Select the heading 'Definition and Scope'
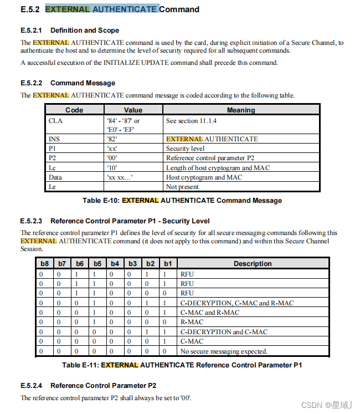pos(84,30)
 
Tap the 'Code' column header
pos(74,110)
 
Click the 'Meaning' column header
pos(241,110)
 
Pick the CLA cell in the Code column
pos(56,120)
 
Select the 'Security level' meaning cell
pos(185,149)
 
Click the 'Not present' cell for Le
pos(182,187)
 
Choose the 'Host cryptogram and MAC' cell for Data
pos(203,177)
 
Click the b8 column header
pos(45,264)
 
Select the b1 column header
pos(168,264)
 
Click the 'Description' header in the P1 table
pos(252,264)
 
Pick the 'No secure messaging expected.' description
pos(224,351)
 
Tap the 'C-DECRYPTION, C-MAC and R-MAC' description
pos(236,303)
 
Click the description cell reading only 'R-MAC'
pos(192,322)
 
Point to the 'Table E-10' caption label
pos(101,201)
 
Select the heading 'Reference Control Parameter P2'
pos(103,386)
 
